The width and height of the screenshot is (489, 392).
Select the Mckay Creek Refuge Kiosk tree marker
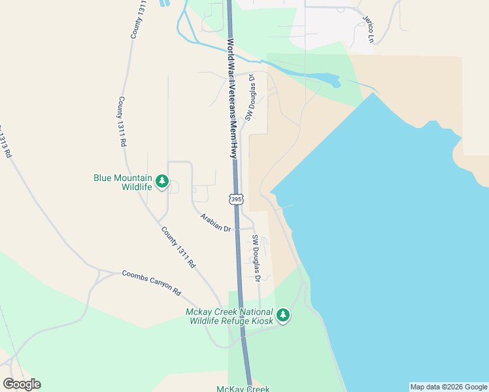tap(282, 316)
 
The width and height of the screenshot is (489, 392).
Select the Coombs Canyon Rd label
tap(151, 282)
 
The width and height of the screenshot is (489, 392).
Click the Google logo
tap(22, 384)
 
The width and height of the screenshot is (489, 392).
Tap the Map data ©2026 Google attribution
tap(449, 387)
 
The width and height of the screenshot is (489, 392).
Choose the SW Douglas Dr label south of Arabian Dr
tap(257, 259)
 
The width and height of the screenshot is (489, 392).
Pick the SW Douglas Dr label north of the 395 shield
tap(250, 97)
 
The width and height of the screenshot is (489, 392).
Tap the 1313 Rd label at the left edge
tap(6, 140)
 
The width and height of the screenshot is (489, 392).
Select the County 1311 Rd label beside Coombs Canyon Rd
tap(178, 248)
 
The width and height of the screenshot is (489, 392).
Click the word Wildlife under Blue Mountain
tap(137, 187)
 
